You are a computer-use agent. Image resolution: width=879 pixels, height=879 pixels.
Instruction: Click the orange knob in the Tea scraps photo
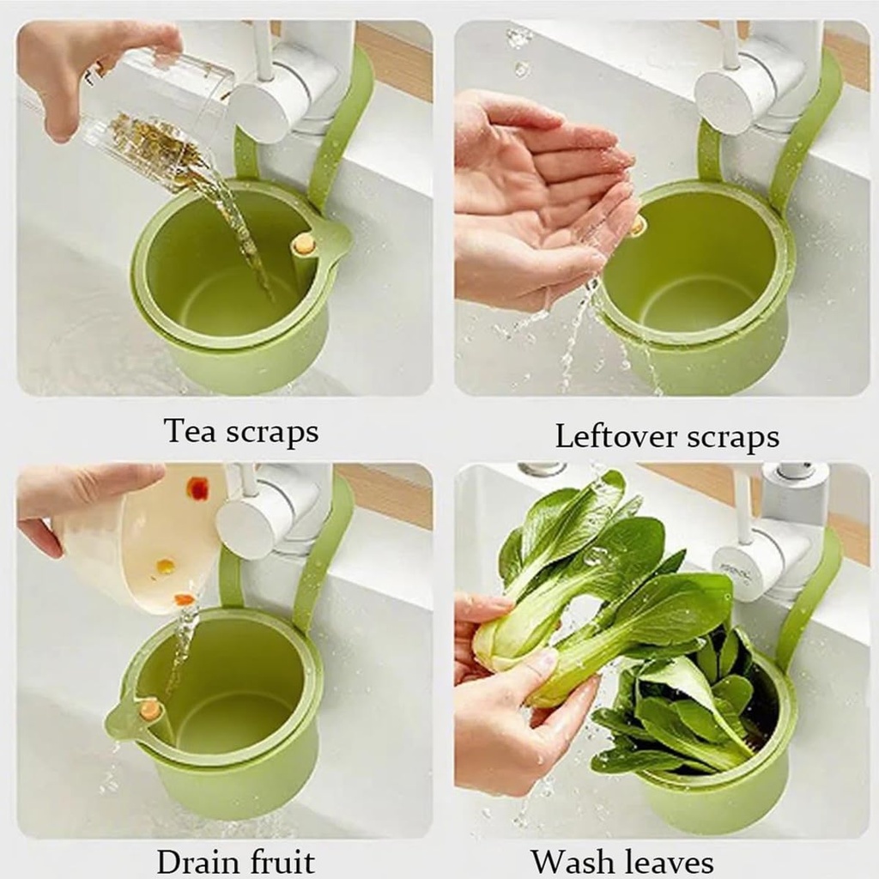point(303,244)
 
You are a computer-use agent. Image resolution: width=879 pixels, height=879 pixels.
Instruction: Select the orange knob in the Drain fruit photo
point(149,709)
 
